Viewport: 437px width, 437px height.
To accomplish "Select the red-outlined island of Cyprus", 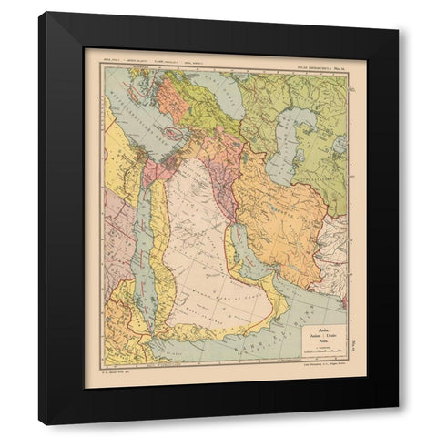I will (170, 133).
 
